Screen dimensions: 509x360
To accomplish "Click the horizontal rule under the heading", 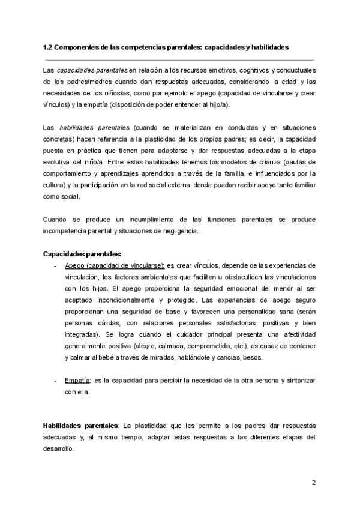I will pos(179,60).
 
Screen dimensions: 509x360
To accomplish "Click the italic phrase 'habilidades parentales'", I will pos(94,128).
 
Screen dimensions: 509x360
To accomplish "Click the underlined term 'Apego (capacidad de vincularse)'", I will pos(115,265).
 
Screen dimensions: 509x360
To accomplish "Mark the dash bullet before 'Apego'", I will pos(55,265).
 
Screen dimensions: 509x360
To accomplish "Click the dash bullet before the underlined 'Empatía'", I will pos(55,381).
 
